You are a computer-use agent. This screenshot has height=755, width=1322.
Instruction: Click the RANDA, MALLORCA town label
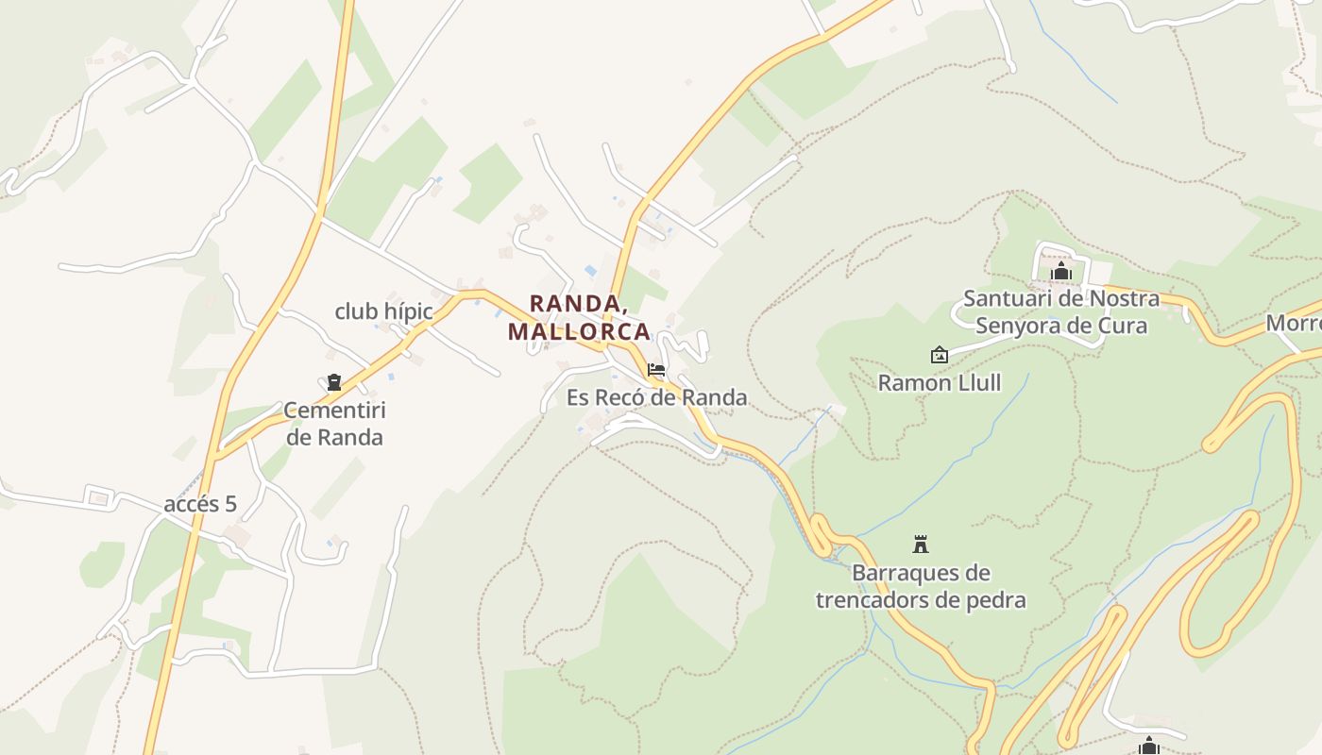click(579, 318)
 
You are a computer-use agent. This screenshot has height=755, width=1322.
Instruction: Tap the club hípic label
click(383, 311)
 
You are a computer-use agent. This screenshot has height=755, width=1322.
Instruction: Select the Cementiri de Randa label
click(334, 424)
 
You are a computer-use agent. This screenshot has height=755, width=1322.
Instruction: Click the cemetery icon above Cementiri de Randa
click(333, 382)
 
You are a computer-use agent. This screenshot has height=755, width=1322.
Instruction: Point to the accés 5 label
click(200, 504)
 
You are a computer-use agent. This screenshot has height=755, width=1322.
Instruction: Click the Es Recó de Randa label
click(657, 397)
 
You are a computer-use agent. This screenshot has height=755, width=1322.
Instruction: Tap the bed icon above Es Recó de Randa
click(656, 370)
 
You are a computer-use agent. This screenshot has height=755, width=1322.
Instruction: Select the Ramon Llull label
click(940, 382)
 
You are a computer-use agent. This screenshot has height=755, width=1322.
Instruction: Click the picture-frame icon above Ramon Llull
click(939, 355)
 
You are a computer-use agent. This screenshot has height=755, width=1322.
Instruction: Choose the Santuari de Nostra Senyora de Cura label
click(1061, 312)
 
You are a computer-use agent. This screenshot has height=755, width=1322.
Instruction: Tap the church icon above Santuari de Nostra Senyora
click(1061, 272)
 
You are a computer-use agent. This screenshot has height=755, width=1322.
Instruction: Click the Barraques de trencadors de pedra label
click(921, 586)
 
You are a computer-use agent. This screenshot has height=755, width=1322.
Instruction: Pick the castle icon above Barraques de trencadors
click(921, 545)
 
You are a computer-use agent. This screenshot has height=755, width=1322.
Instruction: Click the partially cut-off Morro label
click(1293, 323)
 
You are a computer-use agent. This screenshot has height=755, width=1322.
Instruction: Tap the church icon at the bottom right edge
click(1149, 747)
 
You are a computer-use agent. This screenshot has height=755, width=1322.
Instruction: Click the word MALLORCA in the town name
click(579, 331)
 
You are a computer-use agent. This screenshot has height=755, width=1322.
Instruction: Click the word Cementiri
click(334, 411)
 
